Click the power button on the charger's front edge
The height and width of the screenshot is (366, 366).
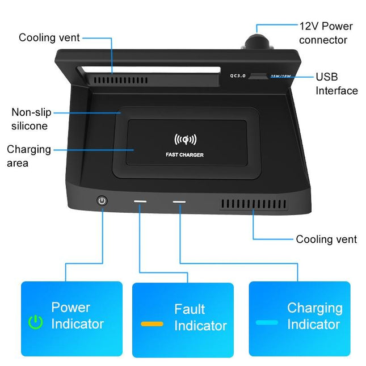pos(102,201)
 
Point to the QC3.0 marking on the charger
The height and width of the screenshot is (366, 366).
pos(238,75)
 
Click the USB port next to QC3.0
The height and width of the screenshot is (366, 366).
pos(259,75)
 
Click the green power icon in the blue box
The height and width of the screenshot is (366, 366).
pos(36,323)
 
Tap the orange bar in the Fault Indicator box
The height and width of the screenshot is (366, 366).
pos(152,324)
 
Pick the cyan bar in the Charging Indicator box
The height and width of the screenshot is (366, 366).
pos(267,322)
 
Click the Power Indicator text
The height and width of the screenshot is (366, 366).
pos(77,315)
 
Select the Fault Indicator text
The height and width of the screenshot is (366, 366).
pos(200,317)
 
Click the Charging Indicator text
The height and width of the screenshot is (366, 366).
pos(314,316)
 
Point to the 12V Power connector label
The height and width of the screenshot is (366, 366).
pos(326,33)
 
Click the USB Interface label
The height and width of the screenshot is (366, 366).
pos(336,83)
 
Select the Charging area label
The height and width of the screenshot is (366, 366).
pos(29,156)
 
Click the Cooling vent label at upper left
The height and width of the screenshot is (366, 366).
pos(49,37)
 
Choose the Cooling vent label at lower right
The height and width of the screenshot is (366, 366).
pos(326,239)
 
